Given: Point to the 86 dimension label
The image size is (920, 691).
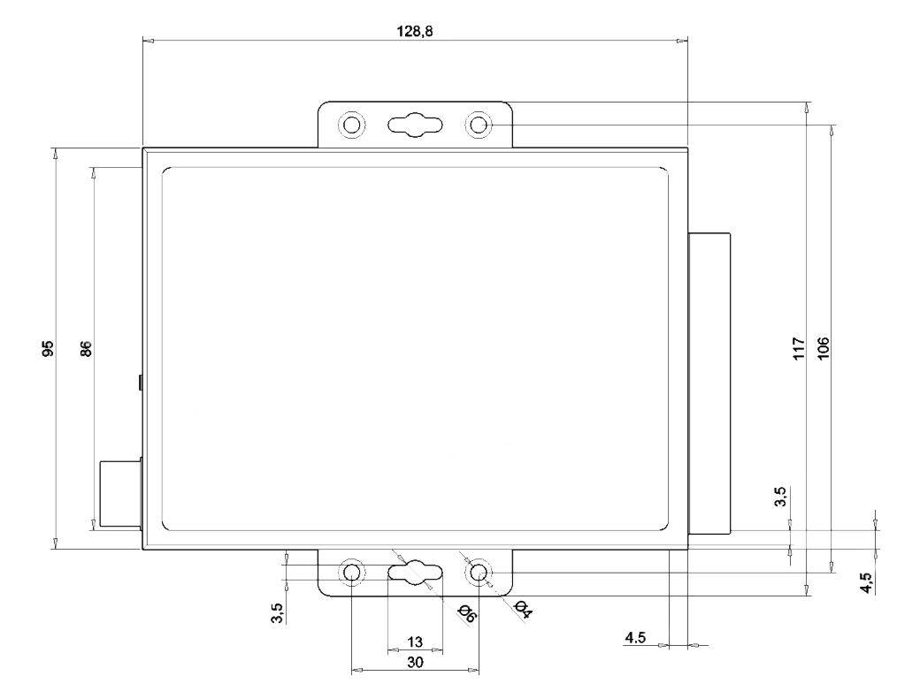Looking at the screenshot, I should [x=86, y=348].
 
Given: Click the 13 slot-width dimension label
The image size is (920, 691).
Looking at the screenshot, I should [x=415, y=641].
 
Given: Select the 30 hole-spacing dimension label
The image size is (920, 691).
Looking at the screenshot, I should [x=415, y=660].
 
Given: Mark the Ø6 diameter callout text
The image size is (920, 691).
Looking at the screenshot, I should [x=466, y=612].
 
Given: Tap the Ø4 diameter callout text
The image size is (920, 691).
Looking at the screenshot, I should [x=522, y=609].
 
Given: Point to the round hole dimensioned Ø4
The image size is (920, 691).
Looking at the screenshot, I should [x=479, y=573].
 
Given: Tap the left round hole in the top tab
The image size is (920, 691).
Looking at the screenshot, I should [x=351, y=124].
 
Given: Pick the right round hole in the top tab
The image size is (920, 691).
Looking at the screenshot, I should [x=479, y=124].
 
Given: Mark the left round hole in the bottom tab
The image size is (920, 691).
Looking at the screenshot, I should [x=351, y=573].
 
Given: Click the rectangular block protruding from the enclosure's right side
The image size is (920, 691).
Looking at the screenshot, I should [x=709, y=383].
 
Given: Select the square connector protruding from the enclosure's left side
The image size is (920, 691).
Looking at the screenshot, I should [x=119, y=495].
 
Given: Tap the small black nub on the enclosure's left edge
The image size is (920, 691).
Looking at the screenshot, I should [x=140, y=383].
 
